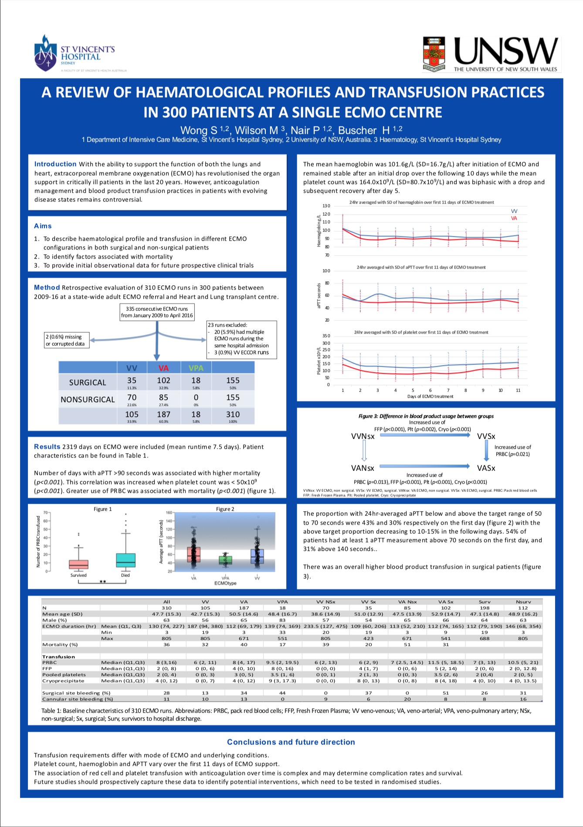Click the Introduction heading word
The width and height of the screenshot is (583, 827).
[55, 164]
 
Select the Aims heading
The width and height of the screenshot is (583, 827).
[43, 226]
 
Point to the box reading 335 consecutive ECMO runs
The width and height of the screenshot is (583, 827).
[157, 312]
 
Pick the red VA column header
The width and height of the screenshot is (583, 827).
[163, 368]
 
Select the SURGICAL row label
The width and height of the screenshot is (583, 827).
[88, 383]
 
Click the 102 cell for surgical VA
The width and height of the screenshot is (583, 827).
[163, 380]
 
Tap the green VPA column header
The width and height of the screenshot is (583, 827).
[196, 368]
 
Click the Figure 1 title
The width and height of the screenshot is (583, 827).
[103, 509]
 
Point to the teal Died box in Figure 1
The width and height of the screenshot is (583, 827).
[126, 560]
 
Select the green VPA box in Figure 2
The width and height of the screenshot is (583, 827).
[225, 560]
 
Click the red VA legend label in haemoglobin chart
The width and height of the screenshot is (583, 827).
[514, 218]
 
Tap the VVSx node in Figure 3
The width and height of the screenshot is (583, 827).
[486, 436]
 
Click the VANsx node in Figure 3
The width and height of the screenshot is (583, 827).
[363, 468]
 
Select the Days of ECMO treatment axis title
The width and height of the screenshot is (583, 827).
[430, 396]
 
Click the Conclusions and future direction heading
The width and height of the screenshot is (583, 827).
[291, 742]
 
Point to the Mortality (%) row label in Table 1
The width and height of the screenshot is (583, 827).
[60, 644]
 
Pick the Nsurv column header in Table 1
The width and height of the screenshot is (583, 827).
[523, 601]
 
